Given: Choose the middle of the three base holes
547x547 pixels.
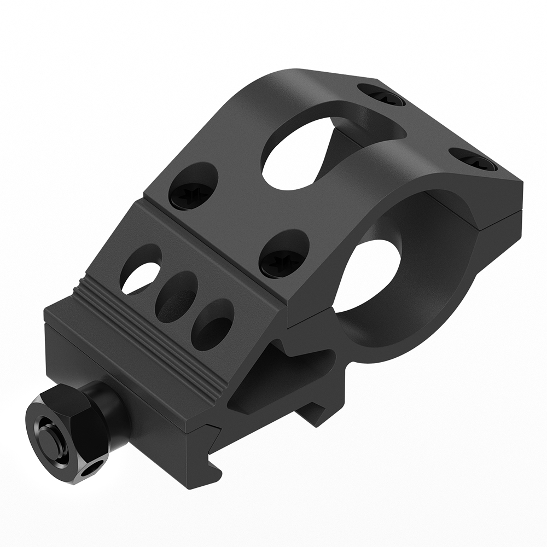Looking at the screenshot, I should click(176, 295).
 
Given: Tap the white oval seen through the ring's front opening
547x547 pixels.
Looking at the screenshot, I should click(372, 273).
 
